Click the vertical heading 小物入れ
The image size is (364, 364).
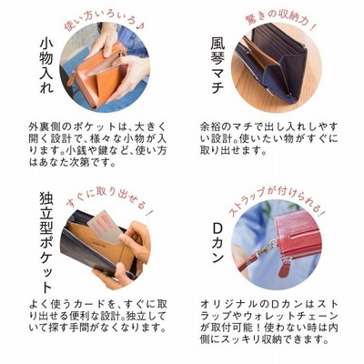point(46,66)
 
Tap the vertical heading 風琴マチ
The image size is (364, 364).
point(217,65)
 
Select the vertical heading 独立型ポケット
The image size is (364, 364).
point(46,243)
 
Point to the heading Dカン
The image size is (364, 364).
point(217,244)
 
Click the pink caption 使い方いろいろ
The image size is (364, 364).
point(105,21)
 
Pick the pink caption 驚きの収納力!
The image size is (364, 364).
point(279,20)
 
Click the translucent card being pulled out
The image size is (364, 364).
point(105,227)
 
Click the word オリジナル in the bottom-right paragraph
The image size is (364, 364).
point(230,304)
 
